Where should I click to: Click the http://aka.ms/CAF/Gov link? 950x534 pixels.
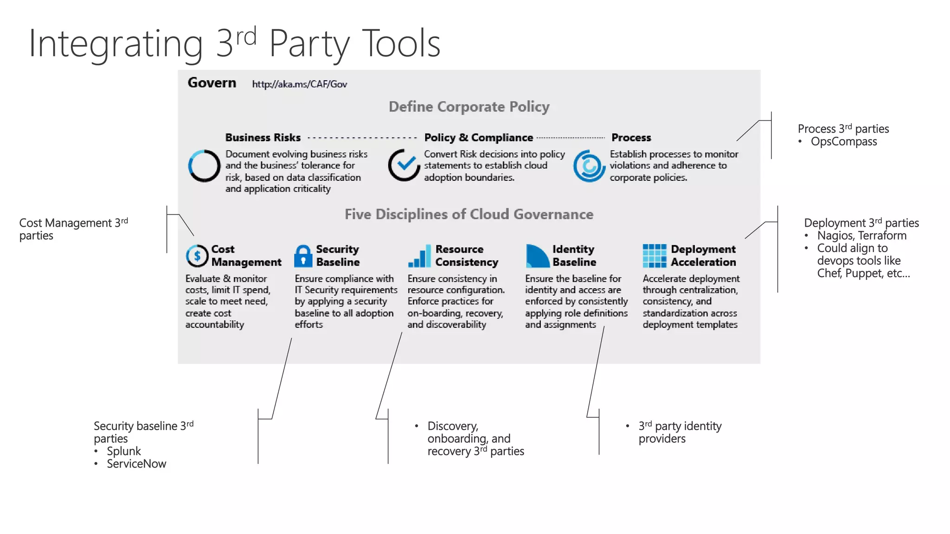pos(299,84)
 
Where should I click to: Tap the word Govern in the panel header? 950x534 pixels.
pos(212,83)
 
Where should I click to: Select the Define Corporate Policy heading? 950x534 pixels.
pos(469,107)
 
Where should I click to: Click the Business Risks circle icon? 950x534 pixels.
pos(204,166)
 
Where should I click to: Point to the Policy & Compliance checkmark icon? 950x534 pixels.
pos(404,165)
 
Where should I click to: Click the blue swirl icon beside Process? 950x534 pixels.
pos(589,166)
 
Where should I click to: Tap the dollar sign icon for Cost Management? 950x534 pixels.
pos(197,256)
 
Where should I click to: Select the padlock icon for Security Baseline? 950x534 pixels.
pos(303,256)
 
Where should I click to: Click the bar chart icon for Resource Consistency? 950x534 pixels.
pos(419,256)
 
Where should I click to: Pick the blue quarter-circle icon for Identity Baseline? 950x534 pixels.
pos(537,256)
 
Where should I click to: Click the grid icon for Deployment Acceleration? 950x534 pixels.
pos(655,256)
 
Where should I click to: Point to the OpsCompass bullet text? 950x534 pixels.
pos(843,142)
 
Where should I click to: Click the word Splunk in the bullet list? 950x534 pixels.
pos(124,451)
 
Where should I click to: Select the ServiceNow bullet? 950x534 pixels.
pos(136,464)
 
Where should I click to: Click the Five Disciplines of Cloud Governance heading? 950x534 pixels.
pos(469,214)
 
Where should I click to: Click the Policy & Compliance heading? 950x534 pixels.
pos(478,138)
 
